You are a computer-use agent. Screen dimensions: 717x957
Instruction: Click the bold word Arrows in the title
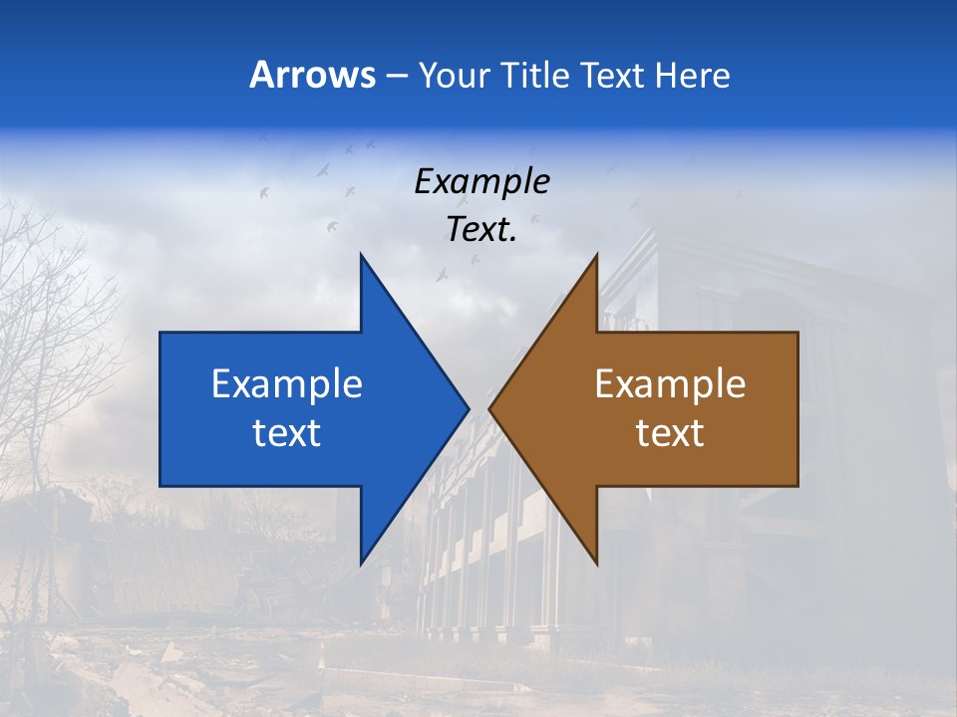pyautogui.click(x=312, y=75)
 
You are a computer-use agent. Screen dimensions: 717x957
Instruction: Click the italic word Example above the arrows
pyautogui.click(x=481, y=181)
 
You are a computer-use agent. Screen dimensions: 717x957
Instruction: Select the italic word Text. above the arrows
pyautogui.click(x=481, y=230)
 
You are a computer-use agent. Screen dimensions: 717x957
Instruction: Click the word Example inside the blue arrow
pyautogui.click(x=287, y=383)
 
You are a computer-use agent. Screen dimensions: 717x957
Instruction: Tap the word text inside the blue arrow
pyautogui.click(x=287, y=432)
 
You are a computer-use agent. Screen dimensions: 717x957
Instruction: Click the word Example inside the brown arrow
pyautogui.click(x=670, y=383)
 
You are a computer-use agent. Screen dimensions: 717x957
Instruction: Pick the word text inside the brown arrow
pyautogui.click(x=670, y=432)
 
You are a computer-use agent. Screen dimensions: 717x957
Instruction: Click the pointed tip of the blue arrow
pyautogui.click(x=468, y=408)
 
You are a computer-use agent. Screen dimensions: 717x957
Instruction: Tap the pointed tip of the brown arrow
pyautogui.click(x=490, y=408)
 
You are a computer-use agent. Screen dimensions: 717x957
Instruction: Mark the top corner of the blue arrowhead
pyautogui.click(x=361, y=255)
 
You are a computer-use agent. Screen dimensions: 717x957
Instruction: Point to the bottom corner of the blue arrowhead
pyautogui.click(x=361, y=563)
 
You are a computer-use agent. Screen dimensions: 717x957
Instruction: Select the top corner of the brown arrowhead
pyautogui.click(x=596, y=255)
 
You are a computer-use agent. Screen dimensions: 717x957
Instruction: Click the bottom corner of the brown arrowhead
pyautogui.click(x=596, y=563)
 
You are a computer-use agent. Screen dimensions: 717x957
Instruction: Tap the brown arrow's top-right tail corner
pyautogui.click(x=797, y=334)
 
